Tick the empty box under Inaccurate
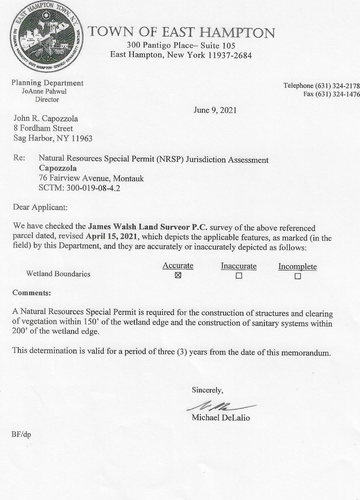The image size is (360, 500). click(239, 276)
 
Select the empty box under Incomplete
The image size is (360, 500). click(297, 276)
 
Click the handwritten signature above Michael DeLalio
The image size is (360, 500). click(220, 406)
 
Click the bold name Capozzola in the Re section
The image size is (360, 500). click(58, 169)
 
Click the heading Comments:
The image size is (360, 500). click(32, 293)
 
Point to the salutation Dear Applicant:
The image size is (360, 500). click(40, 207)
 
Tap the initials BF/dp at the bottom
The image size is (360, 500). click(22, 434)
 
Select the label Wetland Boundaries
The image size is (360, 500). click(58, 274)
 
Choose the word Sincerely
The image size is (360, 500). click(207, 390)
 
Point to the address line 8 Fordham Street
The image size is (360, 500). click(43, 128)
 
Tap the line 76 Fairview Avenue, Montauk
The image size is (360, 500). click(91, 178)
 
